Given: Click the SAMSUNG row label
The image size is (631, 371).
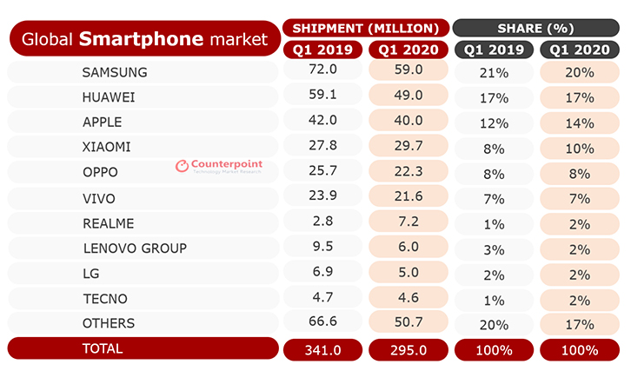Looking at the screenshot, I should (x=114, y=71).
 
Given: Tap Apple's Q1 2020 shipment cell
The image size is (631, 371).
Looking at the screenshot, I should (x=408, y=122).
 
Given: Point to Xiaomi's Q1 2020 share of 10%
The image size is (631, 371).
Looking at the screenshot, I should (x=580, y=147).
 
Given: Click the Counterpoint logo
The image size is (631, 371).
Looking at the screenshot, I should (x=218, y=165).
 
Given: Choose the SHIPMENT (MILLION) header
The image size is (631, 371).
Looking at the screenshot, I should (x=366, y=27).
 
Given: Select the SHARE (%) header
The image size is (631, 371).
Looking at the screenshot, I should (x=536, y=27).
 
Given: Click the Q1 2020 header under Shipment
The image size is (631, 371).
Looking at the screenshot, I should (x=408, y=50).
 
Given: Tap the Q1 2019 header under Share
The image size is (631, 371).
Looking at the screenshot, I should (x=494, y=50).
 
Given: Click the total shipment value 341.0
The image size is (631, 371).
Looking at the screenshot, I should (x=322, y=349).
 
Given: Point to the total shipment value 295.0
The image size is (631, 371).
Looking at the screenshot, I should (x=408, y=349).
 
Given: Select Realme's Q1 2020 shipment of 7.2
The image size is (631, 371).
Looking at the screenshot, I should (x=408, y=223).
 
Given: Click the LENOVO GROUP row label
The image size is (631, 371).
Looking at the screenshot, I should (x=135, y=248).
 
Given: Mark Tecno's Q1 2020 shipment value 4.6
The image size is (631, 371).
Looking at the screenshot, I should (x=408, y=298).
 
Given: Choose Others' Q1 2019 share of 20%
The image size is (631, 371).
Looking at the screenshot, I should (x=494, y=324).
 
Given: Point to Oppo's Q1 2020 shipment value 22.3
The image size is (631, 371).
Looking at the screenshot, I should (x=408, y=172).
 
